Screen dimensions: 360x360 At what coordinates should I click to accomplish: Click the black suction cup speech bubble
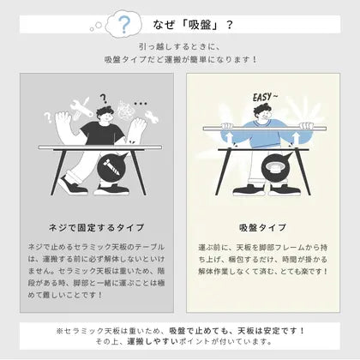(x=278, y=172)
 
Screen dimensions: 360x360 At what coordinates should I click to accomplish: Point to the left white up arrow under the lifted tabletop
(x=231, y=135)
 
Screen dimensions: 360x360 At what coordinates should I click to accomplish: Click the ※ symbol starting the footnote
(x=61, y=329)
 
